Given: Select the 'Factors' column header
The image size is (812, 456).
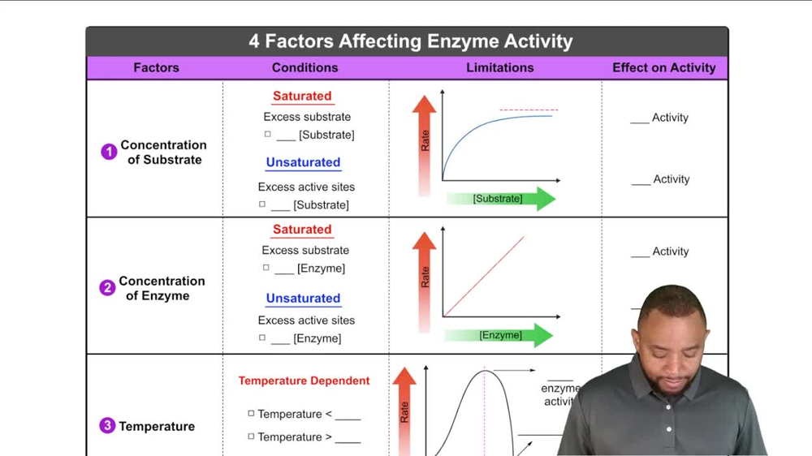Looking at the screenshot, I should pos(156,68).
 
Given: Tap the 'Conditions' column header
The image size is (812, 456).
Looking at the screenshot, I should pos(304,68).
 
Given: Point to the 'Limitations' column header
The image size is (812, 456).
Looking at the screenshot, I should pos(499,68).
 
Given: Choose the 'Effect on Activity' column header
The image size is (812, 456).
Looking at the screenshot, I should pos(663,68).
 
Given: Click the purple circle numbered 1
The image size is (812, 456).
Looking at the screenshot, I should pos(109,153).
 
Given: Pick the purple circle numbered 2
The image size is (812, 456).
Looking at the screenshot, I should pos(107,288).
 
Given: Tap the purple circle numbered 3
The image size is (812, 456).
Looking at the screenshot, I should pos(107,426).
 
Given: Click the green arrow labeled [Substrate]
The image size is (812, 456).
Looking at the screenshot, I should pos(500,199).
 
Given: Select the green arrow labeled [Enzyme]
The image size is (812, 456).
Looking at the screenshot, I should pos(500,335).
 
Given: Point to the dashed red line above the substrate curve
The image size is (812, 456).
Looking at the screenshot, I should pos(529,110).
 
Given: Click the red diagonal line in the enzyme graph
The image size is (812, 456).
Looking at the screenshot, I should pos(485,276).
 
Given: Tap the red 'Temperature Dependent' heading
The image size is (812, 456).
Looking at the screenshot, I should pos(304,381).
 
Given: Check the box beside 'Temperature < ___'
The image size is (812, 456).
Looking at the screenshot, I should pos(252,414).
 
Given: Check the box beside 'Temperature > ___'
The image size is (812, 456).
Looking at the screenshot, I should pos(252,437).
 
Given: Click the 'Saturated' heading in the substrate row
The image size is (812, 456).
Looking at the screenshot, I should pos(302,96).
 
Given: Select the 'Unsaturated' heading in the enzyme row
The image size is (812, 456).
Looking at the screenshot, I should pos(303,299).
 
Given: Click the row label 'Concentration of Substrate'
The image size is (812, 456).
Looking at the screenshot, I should pos(163,153).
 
